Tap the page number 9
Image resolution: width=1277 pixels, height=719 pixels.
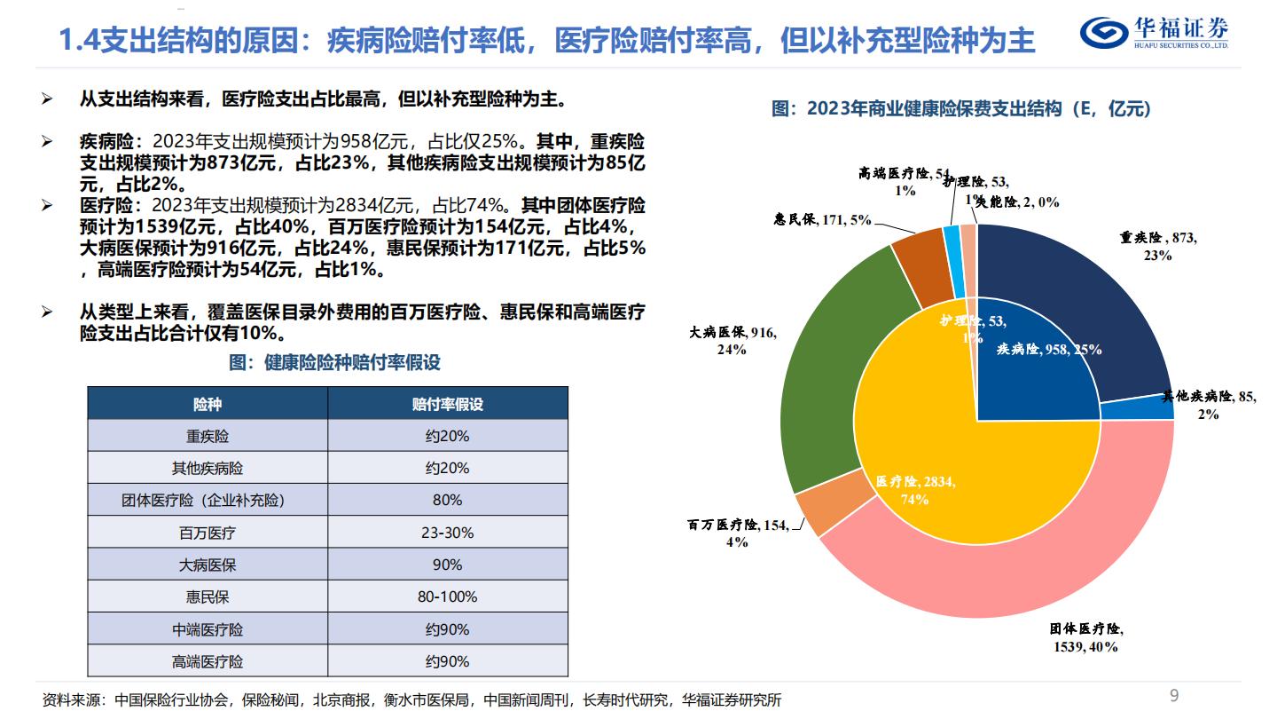tap(1174, 695)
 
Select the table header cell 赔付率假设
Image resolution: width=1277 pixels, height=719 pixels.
tap(447, 404)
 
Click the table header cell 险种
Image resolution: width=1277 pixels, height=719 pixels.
tap(208, 404)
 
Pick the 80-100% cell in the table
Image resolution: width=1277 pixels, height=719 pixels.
tap(447, 597)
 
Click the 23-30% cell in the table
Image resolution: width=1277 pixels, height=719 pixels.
tap(447, 533)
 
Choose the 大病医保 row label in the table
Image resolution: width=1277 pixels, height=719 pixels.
tap(208, 565)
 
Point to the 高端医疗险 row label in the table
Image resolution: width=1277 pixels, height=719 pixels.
tap(208, 661)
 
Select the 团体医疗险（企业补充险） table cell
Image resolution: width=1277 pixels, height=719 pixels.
tap(208, 500)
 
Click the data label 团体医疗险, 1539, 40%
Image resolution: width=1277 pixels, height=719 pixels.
tap(1086, 637)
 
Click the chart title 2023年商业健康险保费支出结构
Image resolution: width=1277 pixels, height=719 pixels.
tap(961, 109)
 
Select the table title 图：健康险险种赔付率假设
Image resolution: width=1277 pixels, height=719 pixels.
tap(334, 362)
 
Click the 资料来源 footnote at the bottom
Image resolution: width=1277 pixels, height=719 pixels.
tap(412, 699)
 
